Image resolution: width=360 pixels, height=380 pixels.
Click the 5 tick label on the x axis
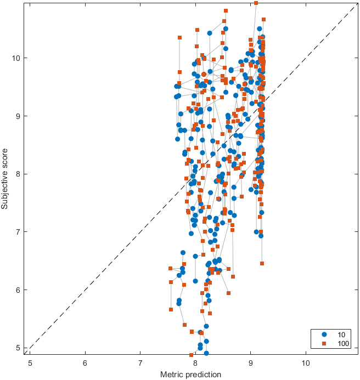point(30,362)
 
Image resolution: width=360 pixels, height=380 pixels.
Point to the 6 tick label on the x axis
point(85,362)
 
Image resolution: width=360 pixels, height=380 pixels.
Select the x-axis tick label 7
point(140,362)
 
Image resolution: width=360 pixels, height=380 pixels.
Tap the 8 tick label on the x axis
point(195,362)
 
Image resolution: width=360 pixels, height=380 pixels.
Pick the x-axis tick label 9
point(251,362)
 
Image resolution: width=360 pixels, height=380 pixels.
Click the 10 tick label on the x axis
point(306,362)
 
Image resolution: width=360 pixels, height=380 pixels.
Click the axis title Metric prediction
point(190,375)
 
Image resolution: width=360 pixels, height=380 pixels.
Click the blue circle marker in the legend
point(324,334)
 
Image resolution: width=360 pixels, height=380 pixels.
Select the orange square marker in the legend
point(324,343)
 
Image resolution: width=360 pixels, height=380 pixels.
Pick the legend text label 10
point(341,334)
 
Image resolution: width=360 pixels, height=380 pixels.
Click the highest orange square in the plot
point(256,3)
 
